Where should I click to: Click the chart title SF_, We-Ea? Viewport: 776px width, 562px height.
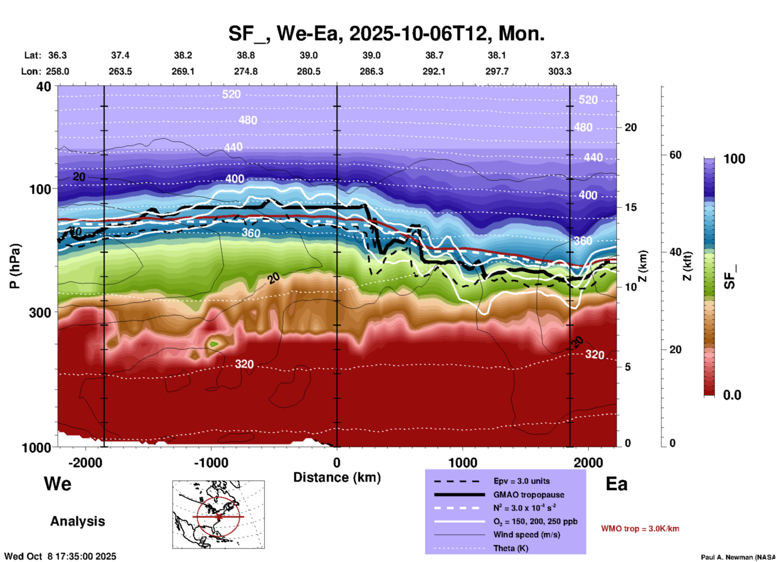tap(386, 33)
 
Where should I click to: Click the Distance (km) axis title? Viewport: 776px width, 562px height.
tap(337, 477)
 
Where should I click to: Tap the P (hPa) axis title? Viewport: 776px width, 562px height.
tap(15, 266)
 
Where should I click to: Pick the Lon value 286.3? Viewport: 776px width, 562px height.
tap(371, 71)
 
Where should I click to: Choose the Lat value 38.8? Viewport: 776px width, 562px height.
tap(245, 55)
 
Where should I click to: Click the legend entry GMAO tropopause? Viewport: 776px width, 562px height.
tap(529, 495)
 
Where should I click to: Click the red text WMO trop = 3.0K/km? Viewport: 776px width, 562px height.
tap(640, 529)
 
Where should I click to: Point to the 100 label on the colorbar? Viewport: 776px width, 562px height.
tap(734, 159)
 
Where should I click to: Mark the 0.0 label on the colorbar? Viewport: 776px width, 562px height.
tap(732, 395)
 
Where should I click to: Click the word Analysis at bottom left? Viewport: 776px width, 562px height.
tap(77, 521)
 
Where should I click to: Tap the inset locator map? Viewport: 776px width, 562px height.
tap(218, 514)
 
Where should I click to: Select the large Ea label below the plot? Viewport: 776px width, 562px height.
tap(616, 484)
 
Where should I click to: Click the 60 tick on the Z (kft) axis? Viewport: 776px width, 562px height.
tap(675, 155)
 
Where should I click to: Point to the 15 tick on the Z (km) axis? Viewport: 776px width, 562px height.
tap(631, 207)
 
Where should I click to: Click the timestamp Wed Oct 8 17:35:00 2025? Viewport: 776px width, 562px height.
tap(60, 556)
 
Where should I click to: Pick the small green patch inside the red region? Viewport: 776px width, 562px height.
tap(213, 344)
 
